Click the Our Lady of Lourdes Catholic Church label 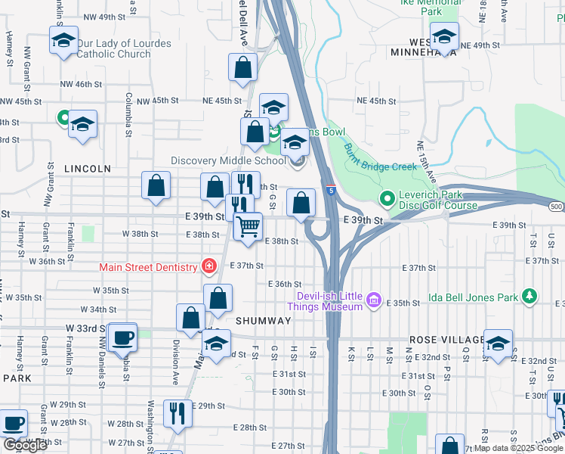(x=123, y=49)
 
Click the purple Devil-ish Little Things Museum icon (x=372, y=300)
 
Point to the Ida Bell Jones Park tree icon (x=530, y=297)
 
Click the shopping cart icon (x=248, y=225)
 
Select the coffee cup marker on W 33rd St (x=122, y=337)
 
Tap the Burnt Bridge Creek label (x=381, y=158)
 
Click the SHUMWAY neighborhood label (x=263, y=321)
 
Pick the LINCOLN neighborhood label (x=88, y=169)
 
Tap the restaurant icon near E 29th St (x=178, y=412)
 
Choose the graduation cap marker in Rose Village (x=498, y=343)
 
